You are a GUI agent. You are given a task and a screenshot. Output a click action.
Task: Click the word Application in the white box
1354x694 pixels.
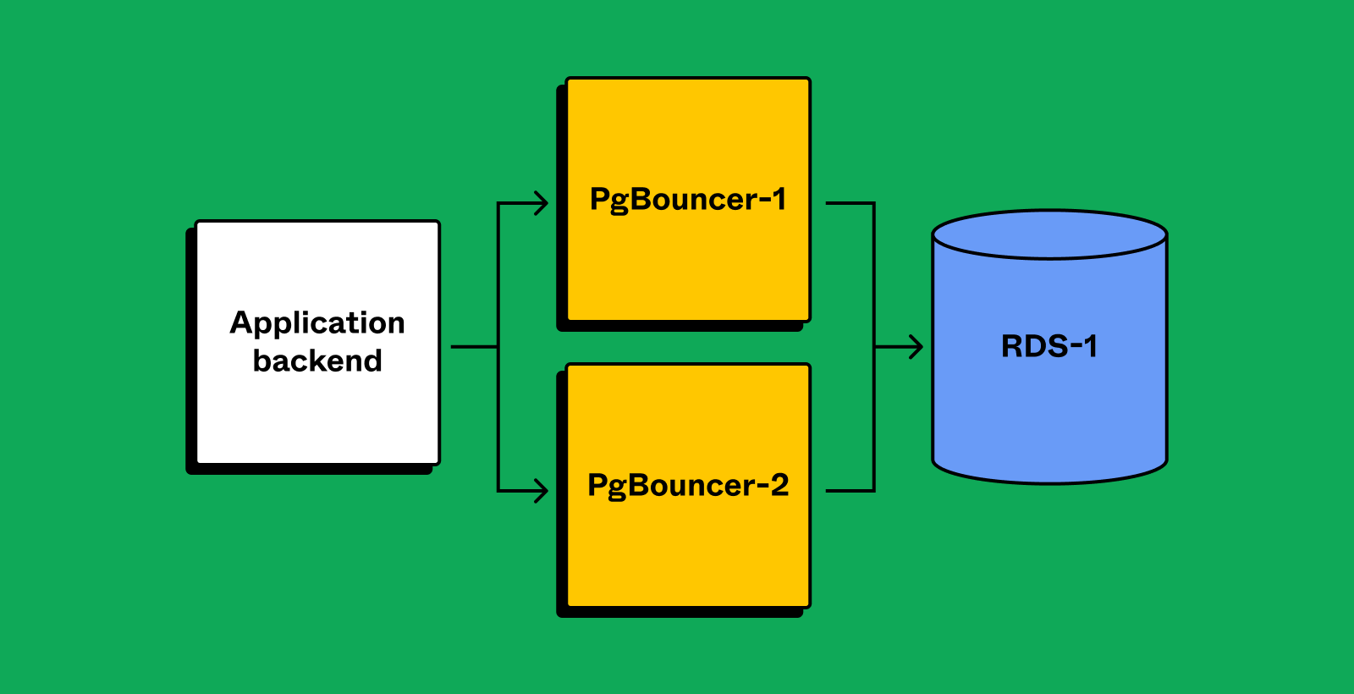[317, 323]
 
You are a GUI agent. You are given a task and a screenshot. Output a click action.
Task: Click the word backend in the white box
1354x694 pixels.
[317, 361]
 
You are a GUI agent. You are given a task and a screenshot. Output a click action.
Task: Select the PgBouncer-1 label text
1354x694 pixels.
[688, 200]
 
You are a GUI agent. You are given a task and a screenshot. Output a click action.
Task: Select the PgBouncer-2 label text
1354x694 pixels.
[688, 486]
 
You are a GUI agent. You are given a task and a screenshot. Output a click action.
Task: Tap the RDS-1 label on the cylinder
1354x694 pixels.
[1049, 346]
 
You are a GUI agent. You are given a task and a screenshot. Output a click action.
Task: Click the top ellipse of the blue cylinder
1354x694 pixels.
[1049, 234]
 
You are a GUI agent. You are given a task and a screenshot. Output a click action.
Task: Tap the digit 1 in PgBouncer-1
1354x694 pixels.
[779, 199]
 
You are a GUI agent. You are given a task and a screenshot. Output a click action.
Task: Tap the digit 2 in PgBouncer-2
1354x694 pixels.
[779, 485]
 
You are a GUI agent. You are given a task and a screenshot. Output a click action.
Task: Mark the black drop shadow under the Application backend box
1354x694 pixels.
[309, 470]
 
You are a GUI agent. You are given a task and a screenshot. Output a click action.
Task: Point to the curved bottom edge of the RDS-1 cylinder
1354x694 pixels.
[1049, 482]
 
